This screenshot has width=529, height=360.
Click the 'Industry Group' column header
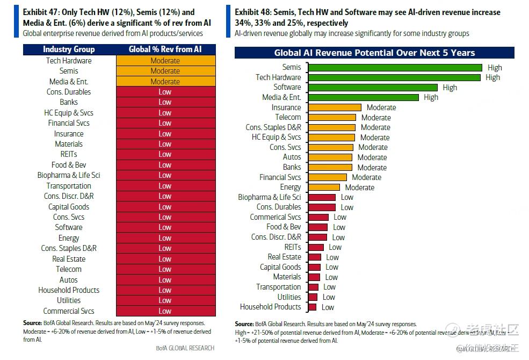[x=69, y=49]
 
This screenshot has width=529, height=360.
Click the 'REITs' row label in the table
[x=69, y=154]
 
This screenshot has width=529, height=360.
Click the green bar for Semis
[x=395, y=67]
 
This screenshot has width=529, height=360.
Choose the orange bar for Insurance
[x=334, y=107]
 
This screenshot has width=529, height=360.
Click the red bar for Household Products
[x=311, y=307]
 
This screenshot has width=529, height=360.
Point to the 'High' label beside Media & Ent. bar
[x=431, y=97]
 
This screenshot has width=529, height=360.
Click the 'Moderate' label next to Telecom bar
[x=376, y=117]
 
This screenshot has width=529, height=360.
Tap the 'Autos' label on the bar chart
[x=292, y=157]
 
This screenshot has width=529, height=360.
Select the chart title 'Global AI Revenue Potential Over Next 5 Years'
[x=374, y=53]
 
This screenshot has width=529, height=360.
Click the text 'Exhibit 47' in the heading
[x=41, y=12]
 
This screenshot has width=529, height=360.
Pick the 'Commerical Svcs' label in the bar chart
[x=275, y=217]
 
